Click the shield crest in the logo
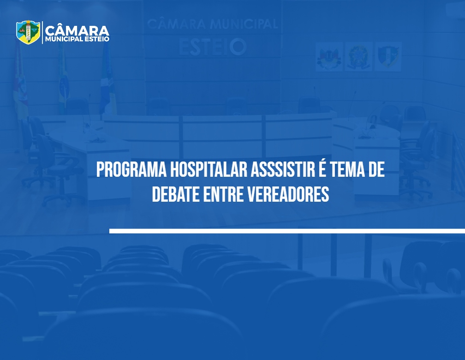pyautogui.click(x=28, y=32)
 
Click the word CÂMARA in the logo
pyautogui.click(x=77, y=30)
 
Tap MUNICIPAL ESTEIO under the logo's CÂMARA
pyautogui.click(x=77, y=39)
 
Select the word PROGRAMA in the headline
pyautogui.click(x=131, y=170)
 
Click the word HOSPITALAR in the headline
pyautogui.click(x=209, y=170)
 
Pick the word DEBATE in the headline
pyautogui.click(x=176, y=194)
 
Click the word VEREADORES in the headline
pyautogui.click(x=288, y=194)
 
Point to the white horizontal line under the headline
pyautogui.click(x=287, y=231)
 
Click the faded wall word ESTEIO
pyautogui.click(x=213, y=47)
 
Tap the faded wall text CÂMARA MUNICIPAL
pyautogui.click(x=213, y=24)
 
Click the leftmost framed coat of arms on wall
pyautogui.click(x=329, y=56)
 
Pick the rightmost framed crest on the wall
pyautogui.click(x=388, y=56)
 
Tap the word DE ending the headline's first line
pyautogui.click(x=376, y=170)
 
